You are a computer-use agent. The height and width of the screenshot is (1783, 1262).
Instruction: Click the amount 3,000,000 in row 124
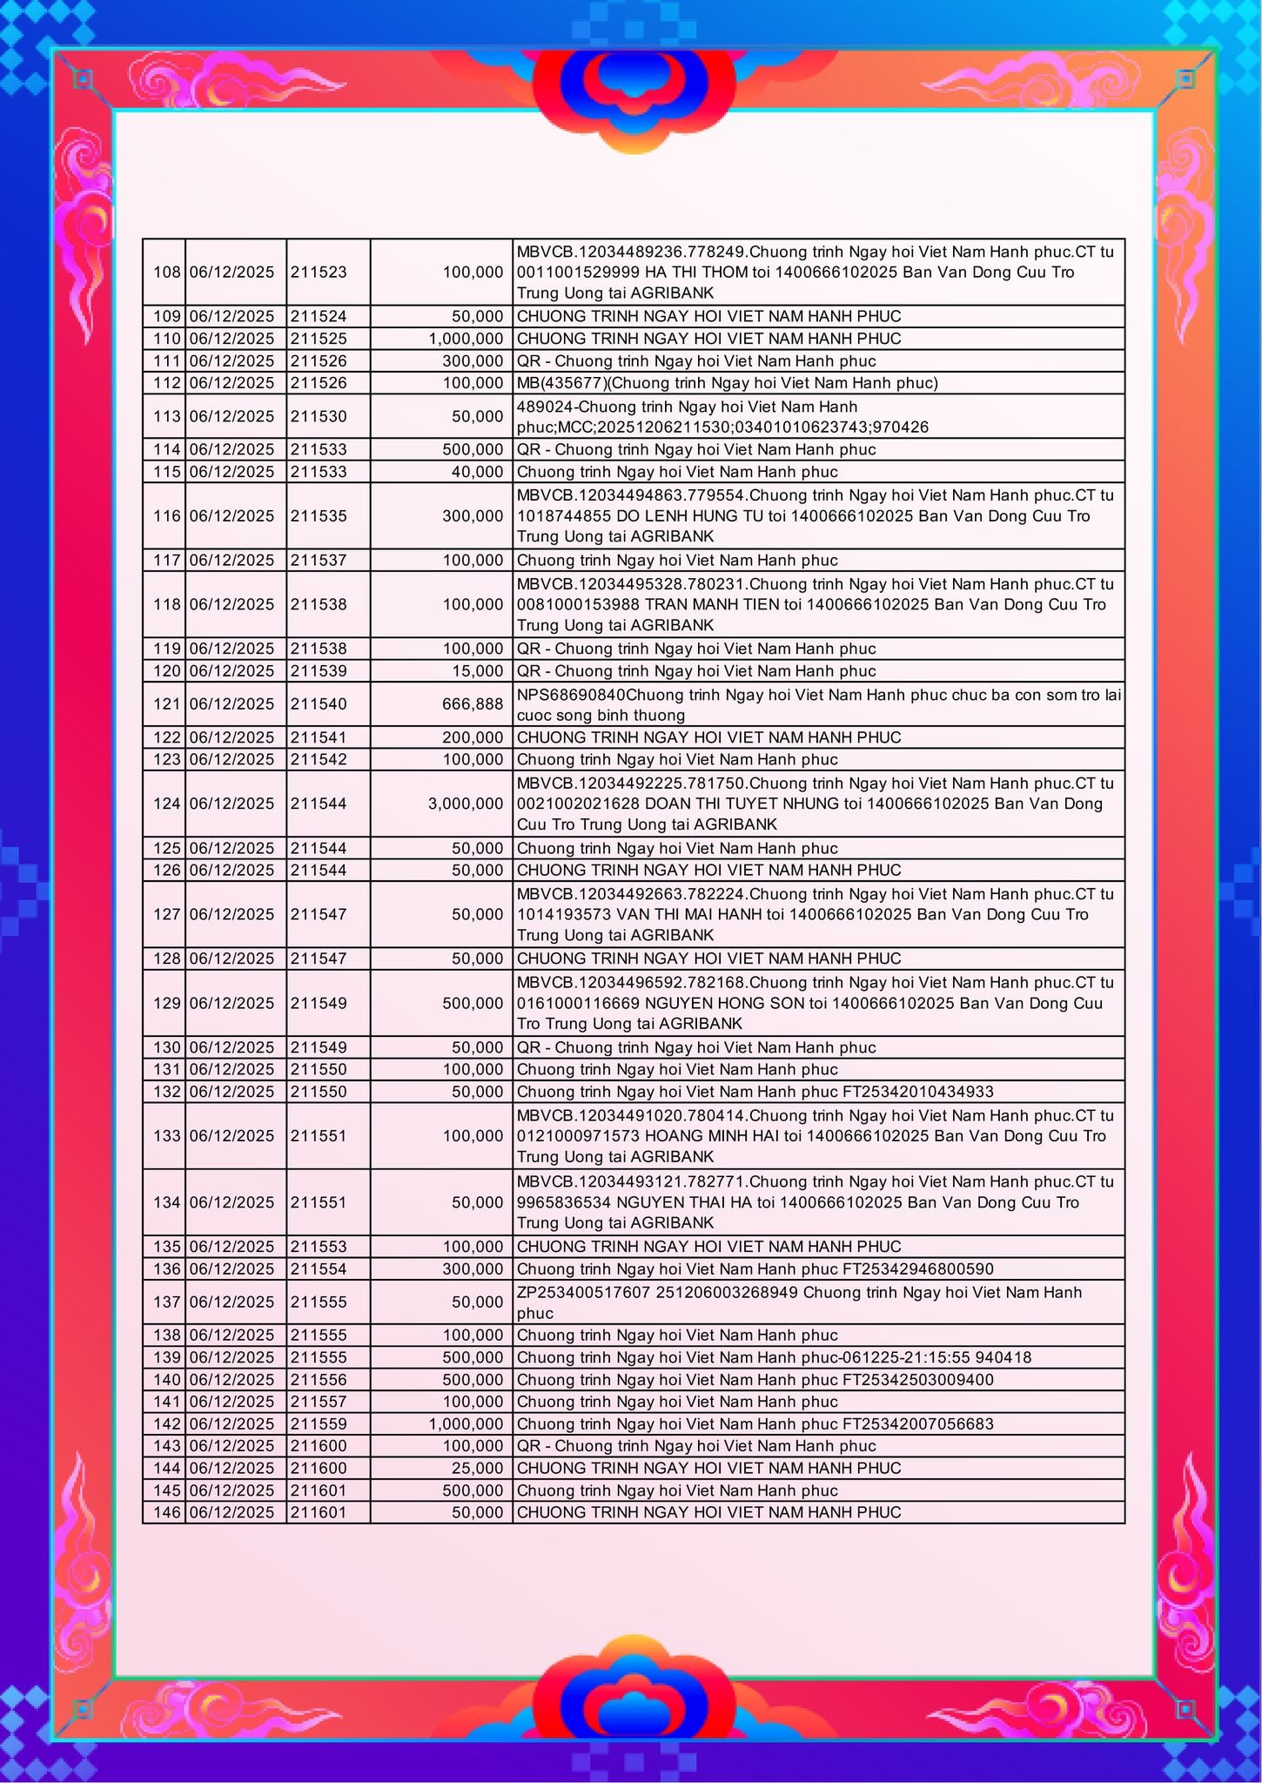pyautogui.click(x=465, y=804)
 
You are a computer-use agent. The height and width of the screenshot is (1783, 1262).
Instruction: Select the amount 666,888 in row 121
pyautogui.click(x=473, y=703)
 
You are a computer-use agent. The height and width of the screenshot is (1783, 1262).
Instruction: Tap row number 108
pyautogui.click(x=166, y=272)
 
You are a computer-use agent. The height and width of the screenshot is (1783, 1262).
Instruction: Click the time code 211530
pyautogui.click(x=319, y=416)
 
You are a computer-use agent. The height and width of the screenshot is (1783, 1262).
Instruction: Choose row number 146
pyautogui.click(x=166, y=1512)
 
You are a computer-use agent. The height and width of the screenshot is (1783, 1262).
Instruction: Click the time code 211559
pyautogui.click(x=319, y=1423)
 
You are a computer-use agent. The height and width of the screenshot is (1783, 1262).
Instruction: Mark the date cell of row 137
pyautogui.click(x=232, y=1302)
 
